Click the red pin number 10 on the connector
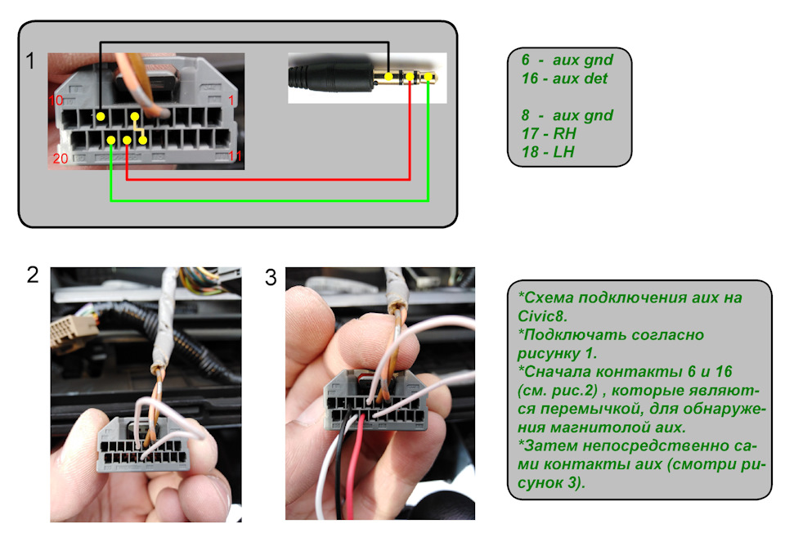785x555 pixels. tap(56, 101)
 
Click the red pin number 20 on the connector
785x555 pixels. tap(61, 159)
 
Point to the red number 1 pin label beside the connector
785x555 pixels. tap(231, 100)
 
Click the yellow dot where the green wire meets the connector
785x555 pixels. tap(110, 140)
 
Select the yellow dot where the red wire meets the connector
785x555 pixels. tap(128, 140)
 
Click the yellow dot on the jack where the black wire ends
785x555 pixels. tap(388, 78)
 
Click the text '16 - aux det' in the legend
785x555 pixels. tap(564, 78)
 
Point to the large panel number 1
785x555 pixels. tap(31, 61)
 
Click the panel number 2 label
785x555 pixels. tap(33, 275)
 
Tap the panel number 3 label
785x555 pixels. tap(271, 277)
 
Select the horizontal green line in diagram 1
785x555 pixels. tap(270, 199)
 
